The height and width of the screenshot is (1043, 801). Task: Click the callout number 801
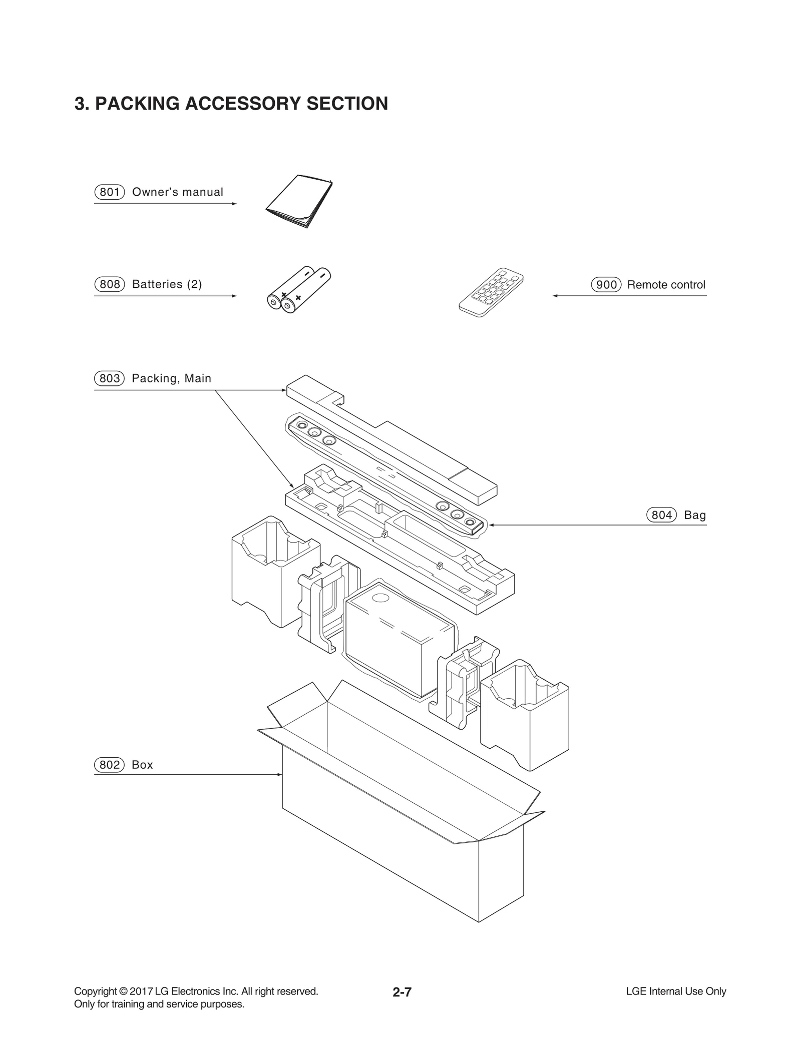(x=109, y=192)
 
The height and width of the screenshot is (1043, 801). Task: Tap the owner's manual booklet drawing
(x=298, y=201)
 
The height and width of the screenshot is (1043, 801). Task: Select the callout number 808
(x=109, y=284)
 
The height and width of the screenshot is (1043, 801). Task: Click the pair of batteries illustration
(x=299, y=290)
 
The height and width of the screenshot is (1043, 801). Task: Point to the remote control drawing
(x=491, y=293)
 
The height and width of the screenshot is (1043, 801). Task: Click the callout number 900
(x=606, y=285)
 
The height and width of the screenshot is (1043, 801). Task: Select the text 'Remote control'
(x=666, y=285)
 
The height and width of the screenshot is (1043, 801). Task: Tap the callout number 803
(x=109, y=378)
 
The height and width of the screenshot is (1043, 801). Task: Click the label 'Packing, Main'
(x=171, y=378)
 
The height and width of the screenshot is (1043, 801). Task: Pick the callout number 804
(x=661, y=515)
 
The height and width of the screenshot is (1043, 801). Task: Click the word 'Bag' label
(x=695, y=515)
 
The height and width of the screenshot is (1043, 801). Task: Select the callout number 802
(x=109, y=765)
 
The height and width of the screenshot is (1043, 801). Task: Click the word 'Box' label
(x=142, y=765)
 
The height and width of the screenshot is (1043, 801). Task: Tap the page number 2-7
(x=402, y=992)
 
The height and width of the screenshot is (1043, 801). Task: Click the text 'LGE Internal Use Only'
(x=676, y=991)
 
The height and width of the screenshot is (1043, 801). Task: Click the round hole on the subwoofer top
(x=381, y=598)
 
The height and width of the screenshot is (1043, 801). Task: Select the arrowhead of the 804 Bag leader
(x=491, y=525)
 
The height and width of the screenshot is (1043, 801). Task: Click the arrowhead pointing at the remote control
(x=555, y=296)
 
